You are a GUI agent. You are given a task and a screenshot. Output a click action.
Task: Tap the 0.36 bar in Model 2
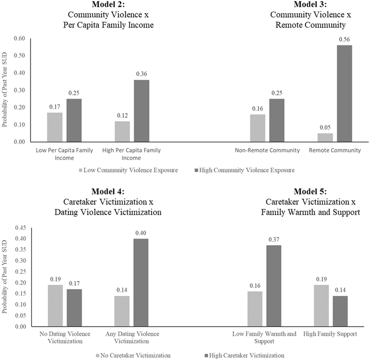point(142,111)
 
